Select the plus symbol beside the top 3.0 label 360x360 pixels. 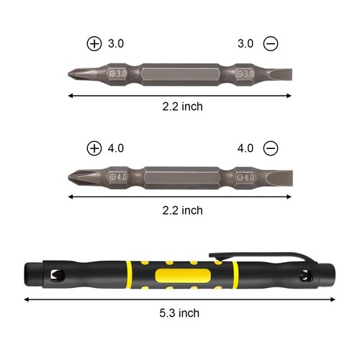pos(94,44)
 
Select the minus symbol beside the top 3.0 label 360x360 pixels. pos(271,44)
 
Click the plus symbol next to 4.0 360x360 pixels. pos(94,148)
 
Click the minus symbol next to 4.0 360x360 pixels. pos(271,148)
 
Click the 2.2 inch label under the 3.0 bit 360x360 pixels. pos(183,107)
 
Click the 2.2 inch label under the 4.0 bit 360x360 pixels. pos(183,210)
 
